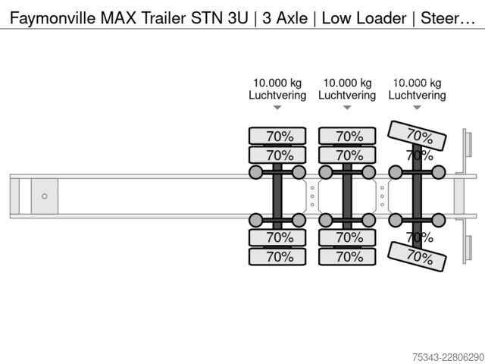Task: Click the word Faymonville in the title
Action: tap(52, 18)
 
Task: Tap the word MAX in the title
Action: tap(118, 17)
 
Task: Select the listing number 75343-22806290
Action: tap(448, 357)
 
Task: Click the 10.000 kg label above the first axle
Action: tap(277, 83)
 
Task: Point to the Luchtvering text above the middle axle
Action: tap(347, 95)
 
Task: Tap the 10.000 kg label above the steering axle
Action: tap(417, 83)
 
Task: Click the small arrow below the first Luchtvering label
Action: tap(277, 108)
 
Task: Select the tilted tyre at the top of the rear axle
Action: tap(417, 136)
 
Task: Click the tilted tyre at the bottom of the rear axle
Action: tap(417, 256)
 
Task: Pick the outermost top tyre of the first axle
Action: tap(277, 136)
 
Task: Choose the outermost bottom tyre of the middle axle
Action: tap(347, 256)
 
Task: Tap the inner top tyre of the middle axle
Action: tap(347, 155)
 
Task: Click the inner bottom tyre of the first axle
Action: tap(277, 237)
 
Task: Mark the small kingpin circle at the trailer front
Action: tap(45, 196)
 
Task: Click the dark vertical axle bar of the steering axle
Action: tap(417, 196)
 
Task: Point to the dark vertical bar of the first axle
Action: tap(277, 196)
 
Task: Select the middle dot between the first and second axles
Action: tap(312, 196)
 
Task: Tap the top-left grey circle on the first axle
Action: tap(256, 172)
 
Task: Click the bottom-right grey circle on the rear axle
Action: tap(439, 220)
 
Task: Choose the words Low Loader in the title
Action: tap(364, 18)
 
